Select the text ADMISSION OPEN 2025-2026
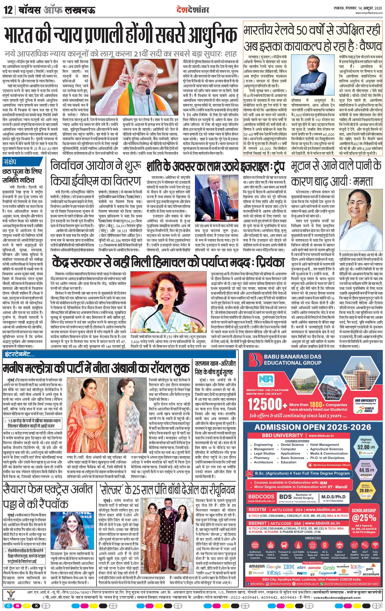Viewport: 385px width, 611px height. coord(313,427)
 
